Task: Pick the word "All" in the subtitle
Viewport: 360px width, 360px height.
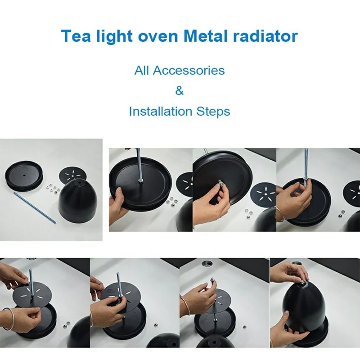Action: [142, 71]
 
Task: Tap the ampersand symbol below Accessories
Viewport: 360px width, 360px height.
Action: [180, 91]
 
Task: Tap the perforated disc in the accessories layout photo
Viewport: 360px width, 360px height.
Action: [72, 174]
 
